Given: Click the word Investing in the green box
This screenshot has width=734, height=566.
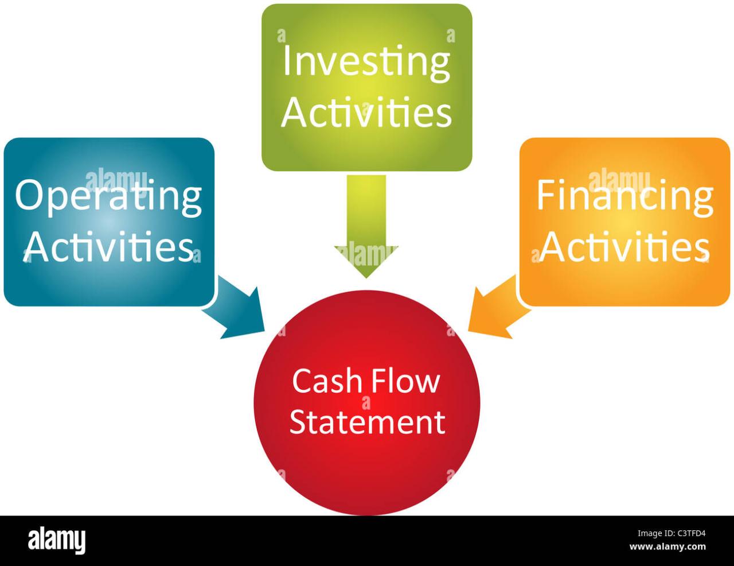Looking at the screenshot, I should click(366, 64).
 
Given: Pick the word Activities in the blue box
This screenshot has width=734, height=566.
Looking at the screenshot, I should click(109, 248).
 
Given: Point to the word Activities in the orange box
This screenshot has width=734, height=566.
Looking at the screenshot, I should click(624, 248).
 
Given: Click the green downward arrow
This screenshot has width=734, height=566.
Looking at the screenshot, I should click(366, 230).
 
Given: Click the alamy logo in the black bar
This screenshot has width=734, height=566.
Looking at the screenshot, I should click(57, 540).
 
